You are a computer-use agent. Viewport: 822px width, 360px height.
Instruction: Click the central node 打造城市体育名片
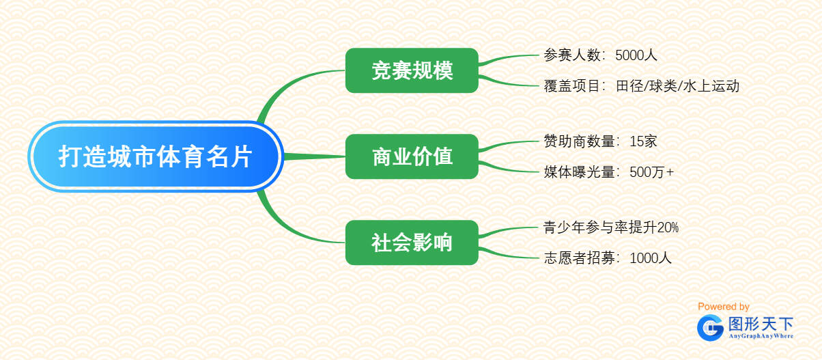point(156,157)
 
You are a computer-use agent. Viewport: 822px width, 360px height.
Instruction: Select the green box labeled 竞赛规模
point(412,70)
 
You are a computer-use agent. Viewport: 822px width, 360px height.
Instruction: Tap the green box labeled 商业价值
point(412,156)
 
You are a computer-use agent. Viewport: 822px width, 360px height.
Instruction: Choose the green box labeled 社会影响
point(412,243)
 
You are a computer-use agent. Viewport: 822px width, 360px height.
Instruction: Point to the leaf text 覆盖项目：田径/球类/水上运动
point(641,86)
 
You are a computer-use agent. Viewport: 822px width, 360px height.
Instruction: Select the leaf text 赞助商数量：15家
point(600,141)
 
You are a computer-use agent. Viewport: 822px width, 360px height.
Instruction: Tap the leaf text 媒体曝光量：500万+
point(608,172)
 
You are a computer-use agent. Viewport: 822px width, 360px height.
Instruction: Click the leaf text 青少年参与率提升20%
point(610,227)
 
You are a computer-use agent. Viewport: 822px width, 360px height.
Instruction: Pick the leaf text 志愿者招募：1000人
point(608,258)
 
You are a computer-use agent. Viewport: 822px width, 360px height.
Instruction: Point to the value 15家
point(643,141)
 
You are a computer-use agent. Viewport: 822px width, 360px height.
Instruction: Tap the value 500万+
point(651,172)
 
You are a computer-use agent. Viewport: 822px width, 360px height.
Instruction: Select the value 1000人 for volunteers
point(651,258)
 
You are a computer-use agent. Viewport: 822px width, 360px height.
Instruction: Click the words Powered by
point(723,307)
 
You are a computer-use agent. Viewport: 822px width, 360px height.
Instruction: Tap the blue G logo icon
point(710,327)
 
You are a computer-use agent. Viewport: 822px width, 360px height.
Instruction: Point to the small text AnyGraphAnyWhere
point(761,336)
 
